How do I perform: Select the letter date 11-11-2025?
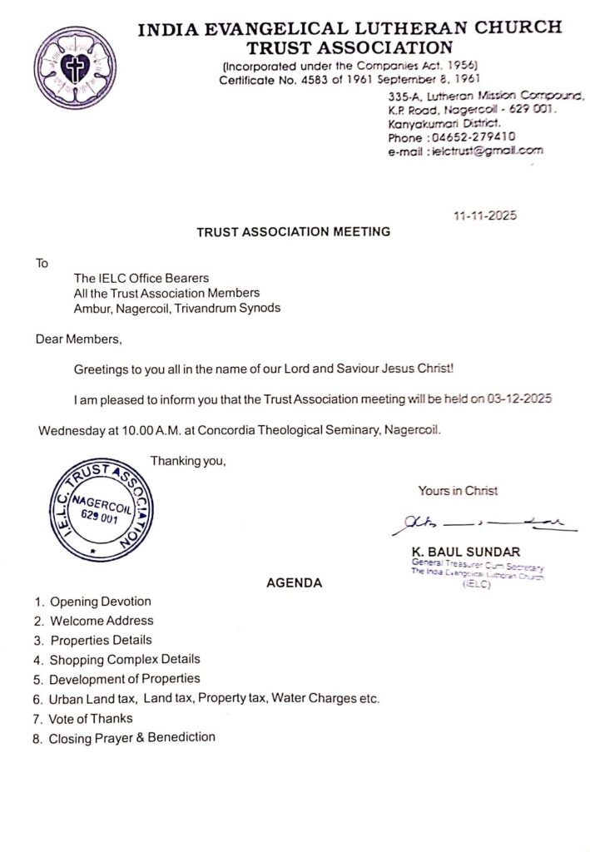[x=485, y=216]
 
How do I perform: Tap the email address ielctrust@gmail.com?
[x=484, y=151]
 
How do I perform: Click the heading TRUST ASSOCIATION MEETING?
[x=294, y=232]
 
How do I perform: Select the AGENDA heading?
[x=294, y=583]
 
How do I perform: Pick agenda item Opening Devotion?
[x=101, y=602]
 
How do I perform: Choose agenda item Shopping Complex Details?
[x=125, y=660]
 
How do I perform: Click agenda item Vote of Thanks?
[x=91, y=718]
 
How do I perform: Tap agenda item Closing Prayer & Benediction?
[x=131, y=738]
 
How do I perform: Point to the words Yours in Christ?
[x=458, y=491]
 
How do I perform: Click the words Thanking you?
[x=188, y=461]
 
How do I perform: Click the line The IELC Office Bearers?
[x=141, y=278]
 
